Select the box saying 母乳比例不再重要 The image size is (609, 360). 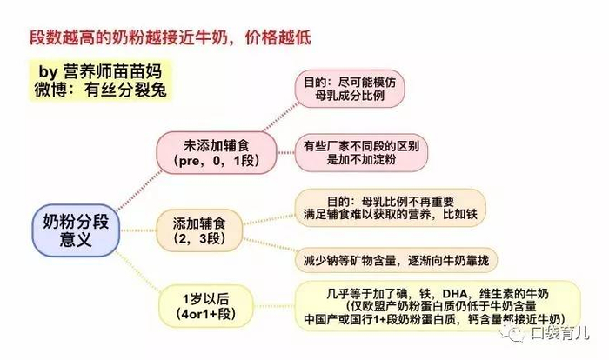point(388,205)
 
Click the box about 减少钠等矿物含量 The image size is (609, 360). point(391,257)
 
